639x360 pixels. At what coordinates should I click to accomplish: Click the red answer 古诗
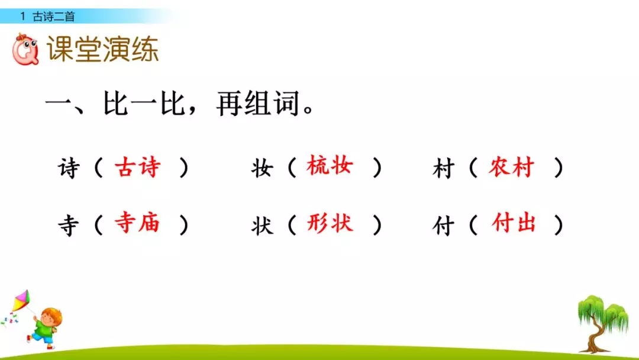[137, 168]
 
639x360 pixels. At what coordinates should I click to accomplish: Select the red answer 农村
[511, 168]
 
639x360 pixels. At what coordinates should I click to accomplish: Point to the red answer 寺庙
[137, 223]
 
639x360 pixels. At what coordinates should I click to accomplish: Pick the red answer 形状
[330, 223]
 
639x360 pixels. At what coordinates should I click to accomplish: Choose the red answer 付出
[514, 223]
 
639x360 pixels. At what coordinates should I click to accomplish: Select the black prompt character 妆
[262, 169]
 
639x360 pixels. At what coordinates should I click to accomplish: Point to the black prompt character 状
[262, 225]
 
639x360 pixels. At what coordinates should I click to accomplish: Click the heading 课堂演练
[102, 50]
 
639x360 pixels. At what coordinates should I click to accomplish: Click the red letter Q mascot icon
[25, 50]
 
